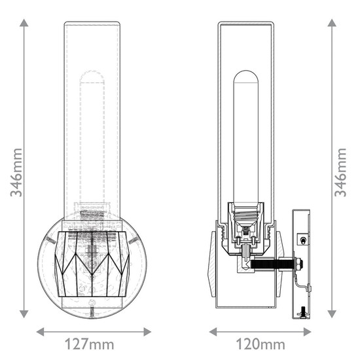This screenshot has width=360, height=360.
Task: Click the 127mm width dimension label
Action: click(90, 344)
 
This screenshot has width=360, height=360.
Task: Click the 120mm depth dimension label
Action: click(261, 344)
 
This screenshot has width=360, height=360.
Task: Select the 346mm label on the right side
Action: click(340, 171)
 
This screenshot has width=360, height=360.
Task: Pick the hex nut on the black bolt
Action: click(298, 264)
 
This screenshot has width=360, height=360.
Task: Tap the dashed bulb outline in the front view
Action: click(92, 131)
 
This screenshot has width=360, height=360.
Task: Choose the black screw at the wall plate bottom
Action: click(302, 312)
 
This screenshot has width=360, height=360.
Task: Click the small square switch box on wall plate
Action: click(302, 240)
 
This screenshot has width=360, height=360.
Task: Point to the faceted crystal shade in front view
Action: click(92, 262)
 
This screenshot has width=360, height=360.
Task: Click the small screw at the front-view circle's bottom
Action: click(92, 303)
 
